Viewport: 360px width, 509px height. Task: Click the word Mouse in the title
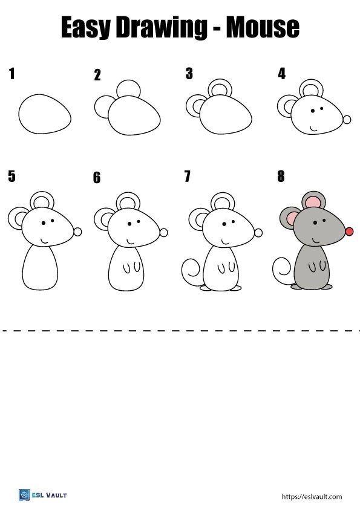coord(263,27)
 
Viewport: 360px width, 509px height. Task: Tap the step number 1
coord(11,74)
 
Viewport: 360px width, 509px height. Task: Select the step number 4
coord(281,74)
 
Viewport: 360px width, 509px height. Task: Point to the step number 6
coord(97,178)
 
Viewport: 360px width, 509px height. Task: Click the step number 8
coord(281,177)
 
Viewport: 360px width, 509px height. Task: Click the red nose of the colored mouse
coord(349,232)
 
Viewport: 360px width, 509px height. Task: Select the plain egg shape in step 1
coord(45,114)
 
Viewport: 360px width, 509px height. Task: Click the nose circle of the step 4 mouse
coord(347,120)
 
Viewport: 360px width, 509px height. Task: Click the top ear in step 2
coord(128,88)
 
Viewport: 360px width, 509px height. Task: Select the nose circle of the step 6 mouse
coord(163,233)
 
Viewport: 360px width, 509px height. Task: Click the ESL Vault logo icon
coord(24,495)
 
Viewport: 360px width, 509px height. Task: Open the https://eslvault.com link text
coord(312,496)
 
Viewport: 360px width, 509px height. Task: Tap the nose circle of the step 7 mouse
coord(258,232)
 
